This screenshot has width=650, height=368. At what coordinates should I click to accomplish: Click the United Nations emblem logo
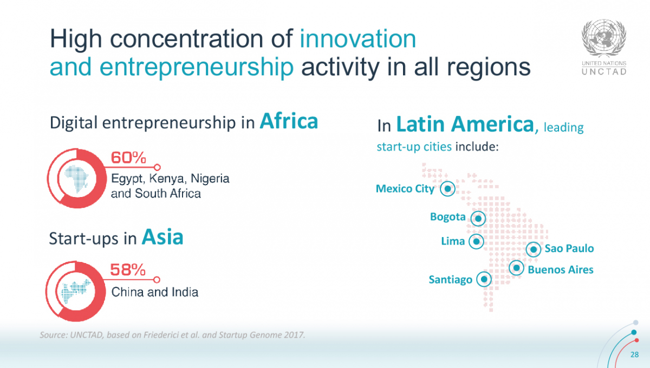603,38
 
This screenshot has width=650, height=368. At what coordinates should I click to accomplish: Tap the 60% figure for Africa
128,158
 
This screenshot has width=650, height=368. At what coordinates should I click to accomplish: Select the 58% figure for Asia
128,270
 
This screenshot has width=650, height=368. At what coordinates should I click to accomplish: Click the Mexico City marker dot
447,189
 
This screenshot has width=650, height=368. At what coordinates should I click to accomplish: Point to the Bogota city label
448,216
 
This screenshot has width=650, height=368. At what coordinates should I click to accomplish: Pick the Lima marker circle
476,241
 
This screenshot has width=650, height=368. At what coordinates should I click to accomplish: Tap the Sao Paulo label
569,248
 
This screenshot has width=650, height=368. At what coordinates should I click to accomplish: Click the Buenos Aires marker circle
517,268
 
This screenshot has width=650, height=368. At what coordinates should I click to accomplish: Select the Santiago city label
451,280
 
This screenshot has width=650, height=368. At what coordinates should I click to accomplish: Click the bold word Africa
289,121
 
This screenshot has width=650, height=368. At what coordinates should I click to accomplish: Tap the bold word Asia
162,237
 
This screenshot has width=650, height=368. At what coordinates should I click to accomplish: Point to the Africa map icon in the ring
77,179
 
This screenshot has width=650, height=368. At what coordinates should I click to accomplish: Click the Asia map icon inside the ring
75,292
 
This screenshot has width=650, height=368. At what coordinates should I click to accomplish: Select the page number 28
635,354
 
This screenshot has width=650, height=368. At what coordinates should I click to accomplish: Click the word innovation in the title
358,38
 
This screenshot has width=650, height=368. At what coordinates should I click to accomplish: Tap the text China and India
155,292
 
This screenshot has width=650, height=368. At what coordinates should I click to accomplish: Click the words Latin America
465,124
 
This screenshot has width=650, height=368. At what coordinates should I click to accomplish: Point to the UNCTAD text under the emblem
604,71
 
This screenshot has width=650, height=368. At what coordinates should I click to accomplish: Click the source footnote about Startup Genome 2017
172,335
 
